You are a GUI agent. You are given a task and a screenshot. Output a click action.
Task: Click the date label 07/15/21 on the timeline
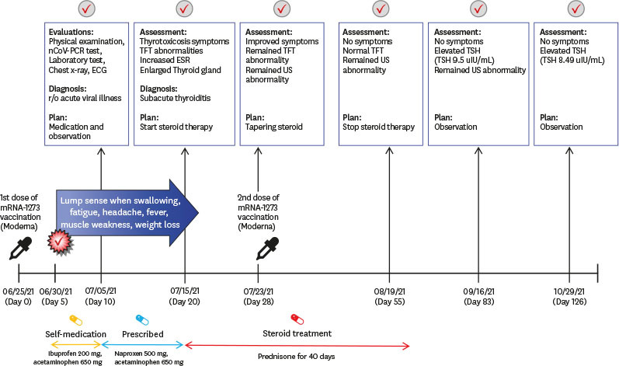tap(185, 291)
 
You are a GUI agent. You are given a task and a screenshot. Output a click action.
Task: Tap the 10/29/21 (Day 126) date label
tap(569, 297)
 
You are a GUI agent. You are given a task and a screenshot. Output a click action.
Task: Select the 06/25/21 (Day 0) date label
tap(18, 297)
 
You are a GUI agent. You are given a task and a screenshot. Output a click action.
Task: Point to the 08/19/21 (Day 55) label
tap(389, 297)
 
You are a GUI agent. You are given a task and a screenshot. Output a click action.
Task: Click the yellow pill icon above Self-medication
tap(76, 320)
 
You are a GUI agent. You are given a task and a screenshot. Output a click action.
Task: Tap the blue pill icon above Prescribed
tap(142, 320)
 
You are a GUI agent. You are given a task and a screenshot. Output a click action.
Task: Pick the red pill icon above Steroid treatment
tap(297, 319)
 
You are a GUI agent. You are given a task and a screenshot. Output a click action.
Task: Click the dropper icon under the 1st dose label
tap(20, 248)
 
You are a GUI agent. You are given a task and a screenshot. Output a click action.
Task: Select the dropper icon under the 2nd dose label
tap(267, 248)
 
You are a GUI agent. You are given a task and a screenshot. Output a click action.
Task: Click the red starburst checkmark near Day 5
tap(60, 242)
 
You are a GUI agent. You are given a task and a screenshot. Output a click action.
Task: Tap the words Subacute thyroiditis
tap(176, 98)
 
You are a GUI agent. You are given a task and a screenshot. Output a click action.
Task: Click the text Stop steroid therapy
tap(378, 127)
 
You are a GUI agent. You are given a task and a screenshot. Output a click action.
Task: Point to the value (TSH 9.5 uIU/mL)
tap(464, 61)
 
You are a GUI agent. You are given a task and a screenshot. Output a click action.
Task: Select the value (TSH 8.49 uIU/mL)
tap(572, 61)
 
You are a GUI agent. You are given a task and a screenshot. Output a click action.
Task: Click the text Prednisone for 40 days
tap(297, 356)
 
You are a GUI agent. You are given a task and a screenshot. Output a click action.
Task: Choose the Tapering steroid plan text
tap(274, 127)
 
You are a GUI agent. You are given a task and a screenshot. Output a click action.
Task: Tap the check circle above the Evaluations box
tap(86, 9)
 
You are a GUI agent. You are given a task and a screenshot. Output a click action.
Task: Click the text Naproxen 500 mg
tap(141, 354)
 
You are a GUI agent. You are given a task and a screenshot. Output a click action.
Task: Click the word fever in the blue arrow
tap(157, 212)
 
